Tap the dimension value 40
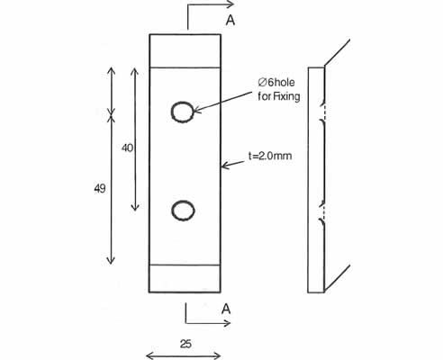point(127,148)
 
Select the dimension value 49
point(100,188)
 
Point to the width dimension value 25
point(185,344)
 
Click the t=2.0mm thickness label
point(270,156)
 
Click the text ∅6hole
point(276,82)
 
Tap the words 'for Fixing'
point(279,96)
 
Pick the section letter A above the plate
point(231,20)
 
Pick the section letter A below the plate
point(226,309)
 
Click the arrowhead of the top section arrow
point(231,4)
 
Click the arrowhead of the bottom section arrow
point(227,323)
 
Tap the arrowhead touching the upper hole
point(197,110)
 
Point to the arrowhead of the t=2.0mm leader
point(224,166)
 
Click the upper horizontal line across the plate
point(185,67)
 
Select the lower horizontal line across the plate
point(185,265)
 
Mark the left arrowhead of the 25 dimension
point(149,356)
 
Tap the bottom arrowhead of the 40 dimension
point(135,207)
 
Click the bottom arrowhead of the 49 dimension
point(111,261)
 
